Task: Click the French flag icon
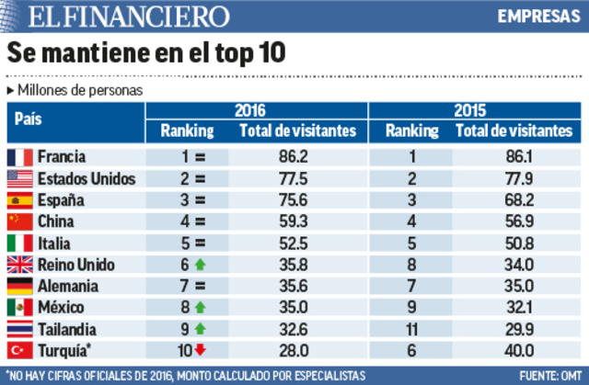(x=19, y=157)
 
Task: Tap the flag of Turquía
(x=19, y=349)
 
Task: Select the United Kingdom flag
(x=19, y=265)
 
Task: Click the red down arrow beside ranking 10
(x=199, y=349)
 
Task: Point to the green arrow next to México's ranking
(x=198, y=307)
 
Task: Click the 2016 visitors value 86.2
(x=292, y=157)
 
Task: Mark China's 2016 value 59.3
(x=292, y=221)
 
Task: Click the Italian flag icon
(x=19, y=243)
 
